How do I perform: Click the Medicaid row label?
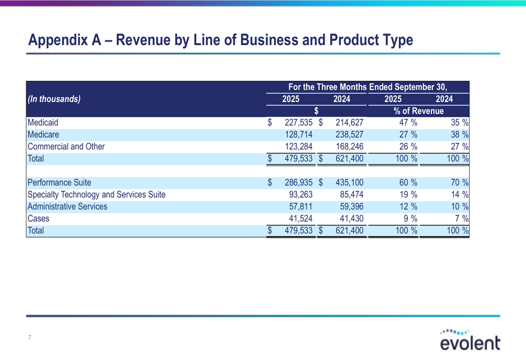(x=43, y=123)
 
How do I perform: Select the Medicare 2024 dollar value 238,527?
(x=349, y=135)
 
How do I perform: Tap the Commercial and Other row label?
(x=66, y=147)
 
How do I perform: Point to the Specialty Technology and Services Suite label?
(x=96, y=195)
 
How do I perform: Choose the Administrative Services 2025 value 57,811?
(x=302, y=207)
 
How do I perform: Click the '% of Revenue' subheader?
(x=419, y=111)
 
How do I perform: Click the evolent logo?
(x=470, y=340)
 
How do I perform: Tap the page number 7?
(x=30, y=337)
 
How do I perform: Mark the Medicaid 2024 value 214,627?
(x=349, y=123)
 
